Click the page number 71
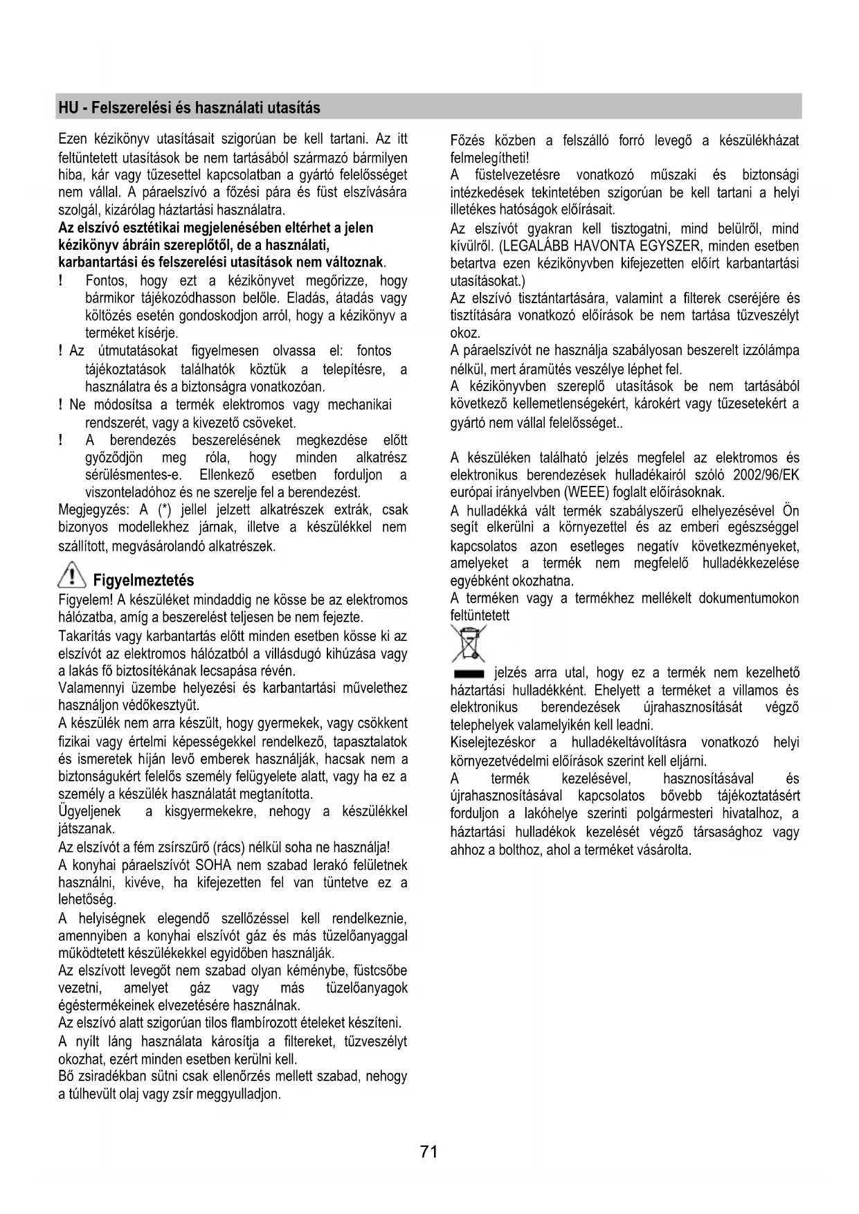tap(428, 1151)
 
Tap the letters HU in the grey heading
tap(67, 108)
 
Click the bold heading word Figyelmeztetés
tap(143, 581)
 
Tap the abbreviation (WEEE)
tap(587, 493)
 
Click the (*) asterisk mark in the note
tap(164, 510)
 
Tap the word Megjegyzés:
tap(96, 510)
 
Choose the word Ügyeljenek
tap(89, 811)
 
